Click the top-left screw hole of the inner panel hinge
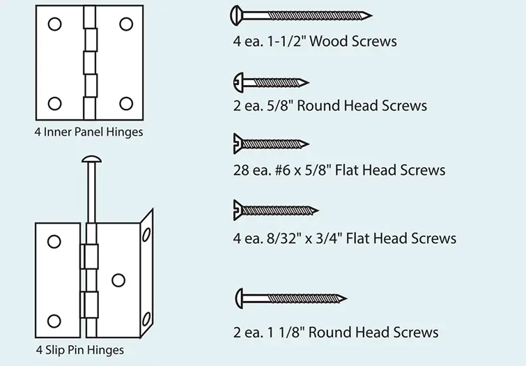(x=54, y=24)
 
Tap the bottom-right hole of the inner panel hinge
(x=126, y=104)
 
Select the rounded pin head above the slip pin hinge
(x=91, y=159)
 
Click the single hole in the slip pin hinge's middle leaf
(x=118, y=280)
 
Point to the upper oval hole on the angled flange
(x=146, y=234)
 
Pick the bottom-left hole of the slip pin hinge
(x=54, y=321)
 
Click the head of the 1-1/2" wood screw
(x=235, y=15)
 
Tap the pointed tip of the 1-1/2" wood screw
(x=372, y=15)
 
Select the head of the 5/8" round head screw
(x=238, y=82)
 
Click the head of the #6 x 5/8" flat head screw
(x=238, y=144)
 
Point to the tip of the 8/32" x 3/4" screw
(x=318, y=211)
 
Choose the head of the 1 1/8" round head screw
(x=239, y=298)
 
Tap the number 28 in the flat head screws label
(x=241, y=170)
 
